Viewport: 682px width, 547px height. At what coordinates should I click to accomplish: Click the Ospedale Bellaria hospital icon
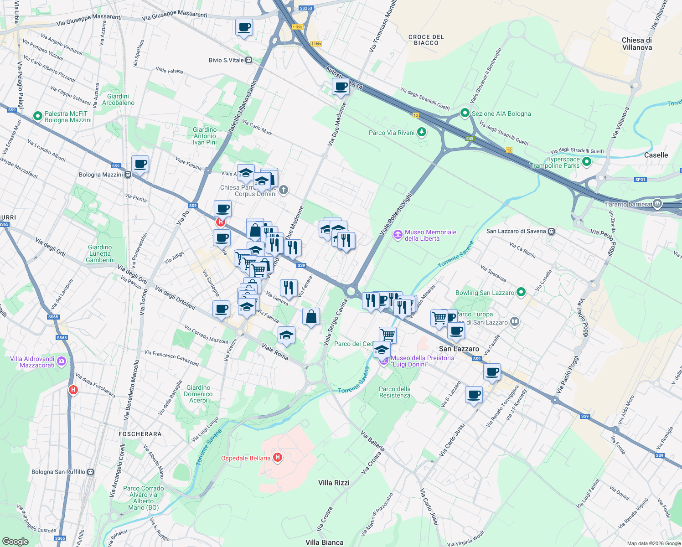click(x=278, y=458)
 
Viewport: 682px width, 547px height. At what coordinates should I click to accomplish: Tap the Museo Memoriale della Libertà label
click(x=430, y=235)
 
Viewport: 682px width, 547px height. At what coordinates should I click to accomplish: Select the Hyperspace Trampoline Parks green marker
click(x=587, y=161)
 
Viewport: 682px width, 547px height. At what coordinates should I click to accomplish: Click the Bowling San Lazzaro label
click(x=485, y=293)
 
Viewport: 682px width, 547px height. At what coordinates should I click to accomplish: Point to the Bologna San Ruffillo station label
click(x=58, y=472)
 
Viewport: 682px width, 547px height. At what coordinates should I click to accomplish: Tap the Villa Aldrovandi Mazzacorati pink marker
click(x=62, y=362)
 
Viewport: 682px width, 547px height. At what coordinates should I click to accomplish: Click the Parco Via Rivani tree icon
click(x=422, y=132)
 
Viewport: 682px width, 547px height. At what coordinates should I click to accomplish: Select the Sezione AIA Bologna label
click(x=501, y=114)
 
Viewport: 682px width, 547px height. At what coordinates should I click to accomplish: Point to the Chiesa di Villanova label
click(x=637, y=44)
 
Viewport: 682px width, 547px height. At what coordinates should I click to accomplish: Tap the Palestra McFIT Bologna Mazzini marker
click(x=38, y=117)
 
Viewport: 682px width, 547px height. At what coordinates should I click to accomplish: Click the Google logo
click(x=15, y=541)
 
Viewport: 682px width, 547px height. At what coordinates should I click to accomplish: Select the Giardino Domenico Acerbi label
click(x=198, y=394)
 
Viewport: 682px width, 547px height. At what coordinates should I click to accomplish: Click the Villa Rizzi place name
click(x=334, y=483)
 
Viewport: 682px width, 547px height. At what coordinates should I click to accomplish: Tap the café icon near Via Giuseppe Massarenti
click(x=244, y=27)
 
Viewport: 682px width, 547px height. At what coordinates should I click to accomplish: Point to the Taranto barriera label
click(x=628, y=204)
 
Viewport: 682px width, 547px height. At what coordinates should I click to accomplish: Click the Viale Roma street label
click(x=275, y=351)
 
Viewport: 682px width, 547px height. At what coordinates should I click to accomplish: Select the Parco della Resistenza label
click(x=395, y=392)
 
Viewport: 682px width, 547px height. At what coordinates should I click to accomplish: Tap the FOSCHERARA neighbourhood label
click(x=140, y=434)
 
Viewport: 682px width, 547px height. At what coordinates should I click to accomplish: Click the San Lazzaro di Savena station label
click(x=516, y=231)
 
